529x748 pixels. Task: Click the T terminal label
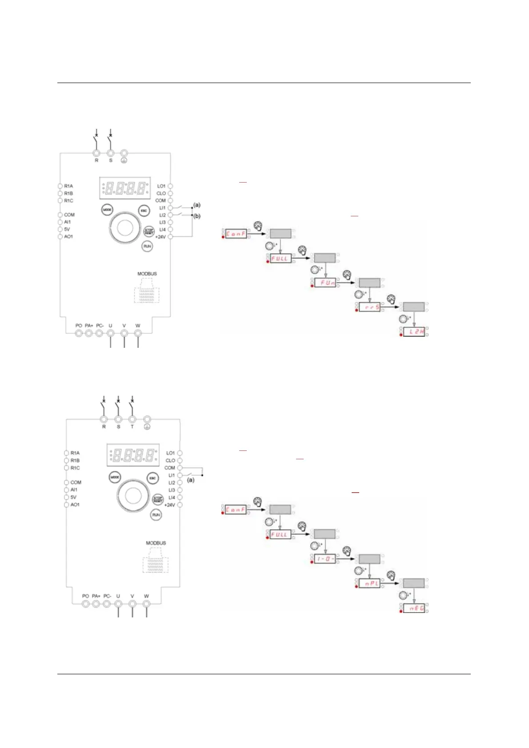[132, 427]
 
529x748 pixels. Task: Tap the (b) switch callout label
[197, 216]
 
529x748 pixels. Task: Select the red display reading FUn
[325, 282]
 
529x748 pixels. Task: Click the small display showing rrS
[369, 307]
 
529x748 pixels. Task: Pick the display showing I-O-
[325, 559]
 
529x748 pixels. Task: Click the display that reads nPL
[369, 583]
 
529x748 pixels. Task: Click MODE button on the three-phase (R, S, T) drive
[115, 477]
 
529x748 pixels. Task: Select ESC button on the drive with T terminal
[152, 478]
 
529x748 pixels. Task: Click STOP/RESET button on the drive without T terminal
[148, 231]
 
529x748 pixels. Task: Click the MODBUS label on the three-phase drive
[156, 543]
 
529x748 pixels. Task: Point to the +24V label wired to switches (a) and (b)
[160, 237]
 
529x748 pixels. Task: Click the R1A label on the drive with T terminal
[75, 453]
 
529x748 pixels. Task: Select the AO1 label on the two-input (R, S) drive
[68, 237]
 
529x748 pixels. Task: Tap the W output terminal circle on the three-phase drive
[146, 604]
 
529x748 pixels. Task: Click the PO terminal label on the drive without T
[79, 326]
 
